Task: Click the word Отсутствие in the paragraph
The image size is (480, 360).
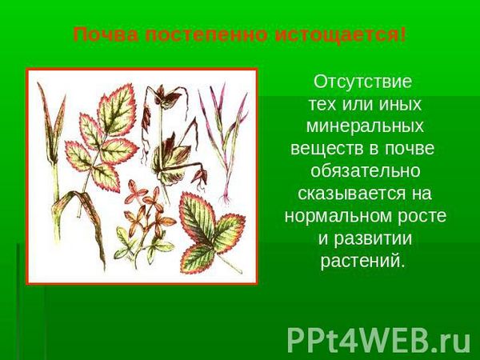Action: (x=362, y=82)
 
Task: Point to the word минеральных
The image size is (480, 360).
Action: (x=365, y=126)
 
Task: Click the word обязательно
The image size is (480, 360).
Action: (x=366, y=171)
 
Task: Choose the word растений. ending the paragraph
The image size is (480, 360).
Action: (x=362, y=261)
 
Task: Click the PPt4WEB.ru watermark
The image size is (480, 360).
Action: (x=378, y=341)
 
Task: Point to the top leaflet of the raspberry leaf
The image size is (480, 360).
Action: (x=116, y=110)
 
